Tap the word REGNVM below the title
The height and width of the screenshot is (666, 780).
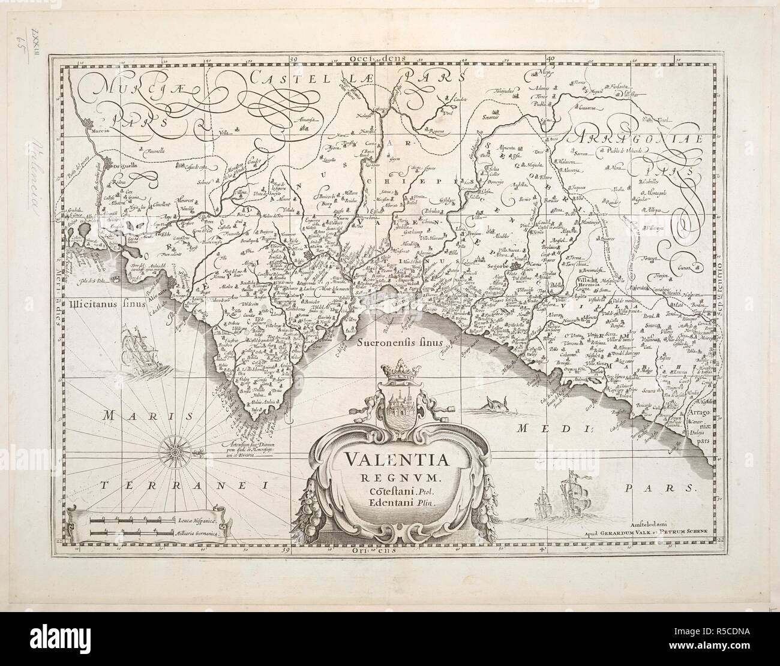[397, 477]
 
